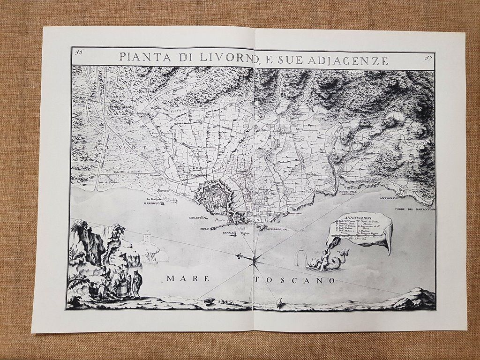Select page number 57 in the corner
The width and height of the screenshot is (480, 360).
click(427, 59)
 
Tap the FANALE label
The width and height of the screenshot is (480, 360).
click(229, 232)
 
